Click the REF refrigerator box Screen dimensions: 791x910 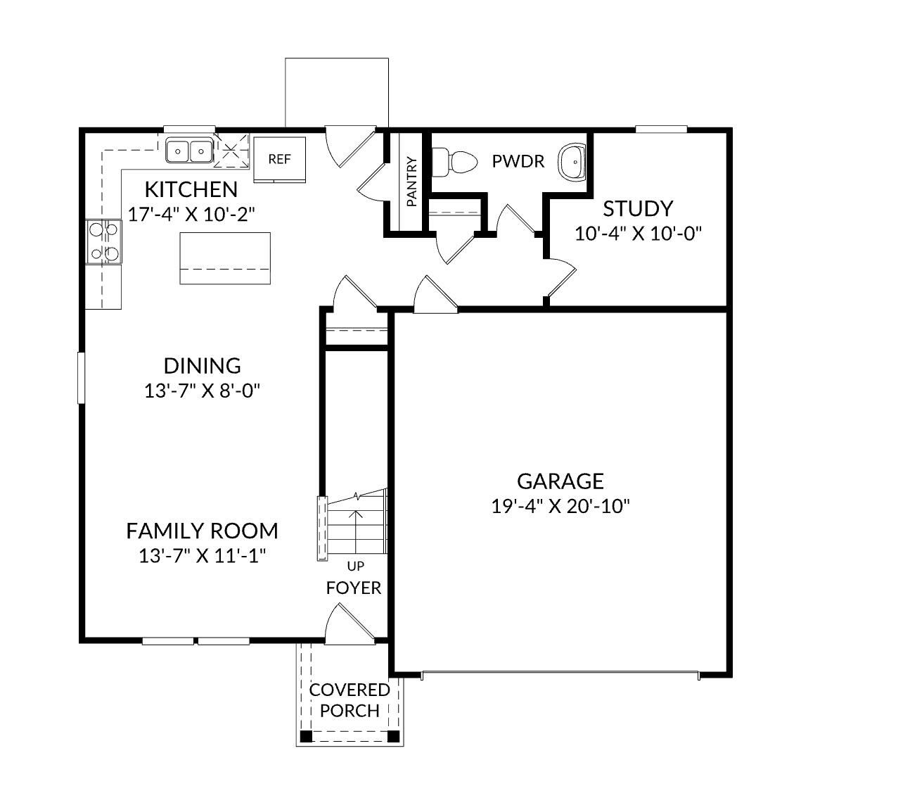[279, 159]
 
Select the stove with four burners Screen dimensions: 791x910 [103, 241]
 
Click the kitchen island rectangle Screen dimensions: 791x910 [225, 258]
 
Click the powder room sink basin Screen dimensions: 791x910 [572, 162]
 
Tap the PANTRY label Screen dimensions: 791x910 [411, 182]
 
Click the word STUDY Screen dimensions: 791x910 [638, 208]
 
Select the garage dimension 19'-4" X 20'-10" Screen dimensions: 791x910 [560, 506]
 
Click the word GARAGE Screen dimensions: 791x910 [560, 481]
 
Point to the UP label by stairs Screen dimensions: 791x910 [355, 565]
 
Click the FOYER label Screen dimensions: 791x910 [354, 588]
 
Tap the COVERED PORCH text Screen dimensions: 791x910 [350, 700]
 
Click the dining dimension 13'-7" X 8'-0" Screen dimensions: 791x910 [203, 391]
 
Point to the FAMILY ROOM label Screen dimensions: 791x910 [202, 531]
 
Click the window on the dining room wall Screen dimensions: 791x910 [81, 378]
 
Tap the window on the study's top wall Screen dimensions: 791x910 [661, 129]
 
